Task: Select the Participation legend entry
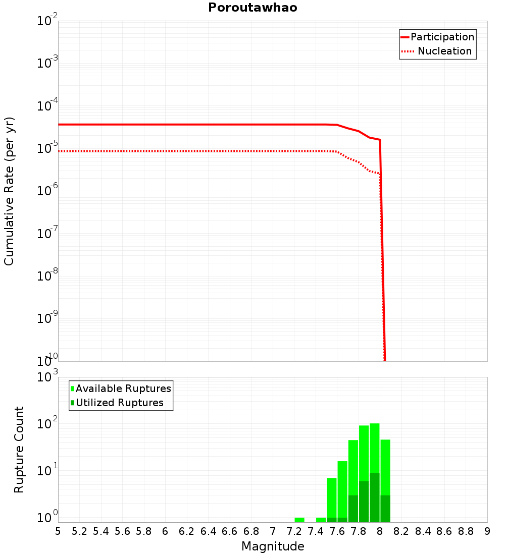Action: click(437, 37)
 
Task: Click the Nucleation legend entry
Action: click(437, 51)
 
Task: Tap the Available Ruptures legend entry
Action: click(121, 388)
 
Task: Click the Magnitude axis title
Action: click(273, 546)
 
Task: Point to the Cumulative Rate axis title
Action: click(9, 191)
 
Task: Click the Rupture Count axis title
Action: click(19, 450)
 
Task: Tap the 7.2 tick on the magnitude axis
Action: click(294, 531)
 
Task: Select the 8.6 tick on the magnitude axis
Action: click(444, 531)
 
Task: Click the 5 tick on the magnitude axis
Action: click(58, 531)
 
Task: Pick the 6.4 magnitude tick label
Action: click(209, 531)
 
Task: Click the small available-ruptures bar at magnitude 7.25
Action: click(299, 520)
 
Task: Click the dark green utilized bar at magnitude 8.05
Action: click(385, 509)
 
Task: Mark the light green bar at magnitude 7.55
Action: click(332, 497)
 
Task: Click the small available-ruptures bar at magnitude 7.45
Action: click(321, 520)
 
